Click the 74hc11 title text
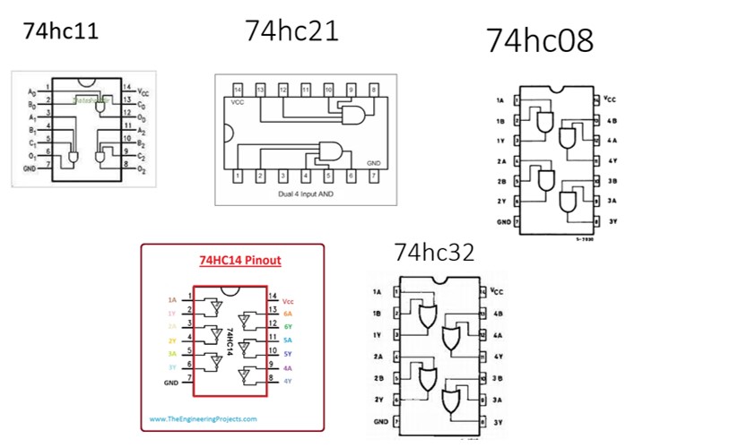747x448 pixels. pos(60,31)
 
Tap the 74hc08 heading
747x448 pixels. pos(540,40)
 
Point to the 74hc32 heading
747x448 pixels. pos(434,254)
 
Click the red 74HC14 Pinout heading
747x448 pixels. pos(239,261)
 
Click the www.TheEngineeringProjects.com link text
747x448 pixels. pos(203,418)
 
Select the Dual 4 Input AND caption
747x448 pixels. pos(306,194)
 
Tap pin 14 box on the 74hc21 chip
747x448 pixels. pos(238,90)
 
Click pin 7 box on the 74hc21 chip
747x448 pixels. pos(374,177)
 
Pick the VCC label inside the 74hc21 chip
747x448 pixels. pos(239,104)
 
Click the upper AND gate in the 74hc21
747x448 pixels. pos(352,113)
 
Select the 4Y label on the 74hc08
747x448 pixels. pos(612,160)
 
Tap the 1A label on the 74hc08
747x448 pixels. pos(500,99)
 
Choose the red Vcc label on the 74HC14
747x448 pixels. pos(288,302)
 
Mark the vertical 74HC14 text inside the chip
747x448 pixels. pos(230,340)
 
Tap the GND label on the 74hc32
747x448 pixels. pos(379,420)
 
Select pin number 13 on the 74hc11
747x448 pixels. pos(127,99)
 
